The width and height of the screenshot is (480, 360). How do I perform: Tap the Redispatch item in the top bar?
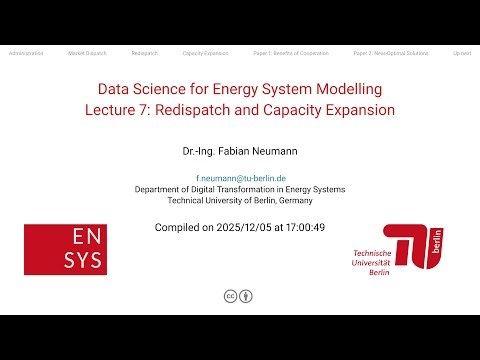(144, 51)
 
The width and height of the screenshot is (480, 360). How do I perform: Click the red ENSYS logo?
(65, 249)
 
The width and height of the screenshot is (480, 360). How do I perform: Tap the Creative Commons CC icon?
(230, 296)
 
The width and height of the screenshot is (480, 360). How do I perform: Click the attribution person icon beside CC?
(246, 296)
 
